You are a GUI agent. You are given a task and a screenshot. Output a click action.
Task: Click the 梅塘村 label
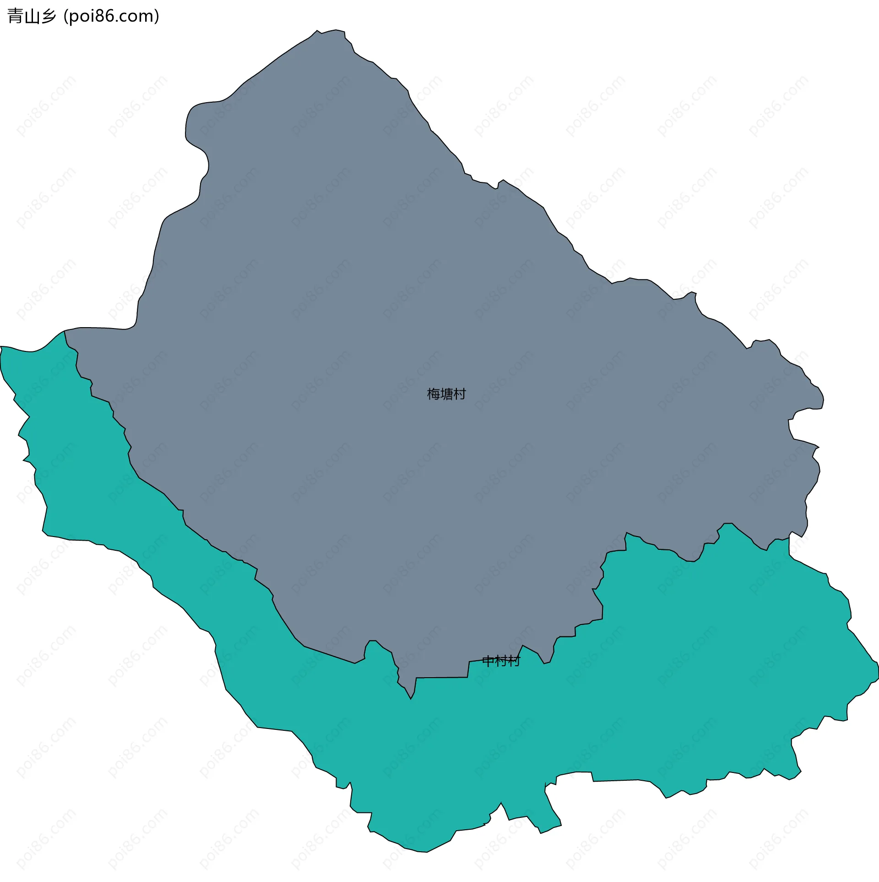[x=446, y=394]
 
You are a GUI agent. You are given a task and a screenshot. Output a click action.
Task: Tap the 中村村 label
[x=501, y=661]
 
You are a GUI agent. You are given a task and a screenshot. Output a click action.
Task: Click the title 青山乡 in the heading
[x=32, y=16]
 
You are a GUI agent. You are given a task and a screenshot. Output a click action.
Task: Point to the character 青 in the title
[x=15, y=16]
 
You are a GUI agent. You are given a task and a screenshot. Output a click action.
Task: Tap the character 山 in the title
[x=32, y=16]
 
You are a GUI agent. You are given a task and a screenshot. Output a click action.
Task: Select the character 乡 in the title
[x=48, y=16]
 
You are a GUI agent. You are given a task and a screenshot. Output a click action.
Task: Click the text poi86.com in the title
[x=111, y=16]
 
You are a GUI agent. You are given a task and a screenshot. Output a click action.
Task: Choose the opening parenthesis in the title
[x=66, y=16]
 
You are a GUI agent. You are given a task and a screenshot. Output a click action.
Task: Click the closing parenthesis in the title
[x=157, y=16]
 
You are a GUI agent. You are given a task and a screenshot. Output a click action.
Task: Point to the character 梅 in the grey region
[x=433, y=394]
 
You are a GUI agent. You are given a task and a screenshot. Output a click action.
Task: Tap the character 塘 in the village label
[x=446, y=394]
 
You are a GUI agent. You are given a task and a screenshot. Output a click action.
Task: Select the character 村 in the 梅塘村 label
[x=459, y=394]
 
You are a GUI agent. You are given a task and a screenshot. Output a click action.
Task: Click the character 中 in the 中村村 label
[x=488, y=661]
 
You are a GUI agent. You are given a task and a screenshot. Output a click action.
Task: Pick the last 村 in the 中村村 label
[x=515, y=661]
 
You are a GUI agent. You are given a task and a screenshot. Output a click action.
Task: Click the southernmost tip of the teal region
[x=426, y=852]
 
